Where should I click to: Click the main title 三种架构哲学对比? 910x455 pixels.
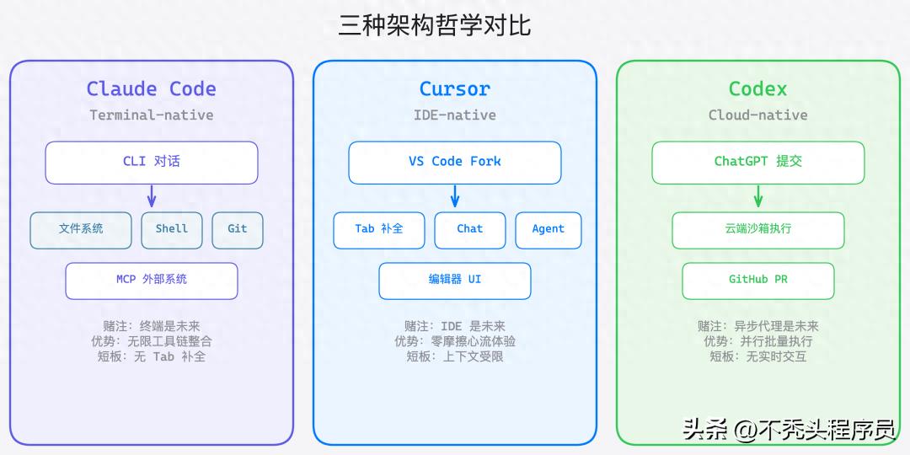click(x=435, y=25)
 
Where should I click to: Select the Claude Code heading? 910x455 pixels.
click(x=152, y=88)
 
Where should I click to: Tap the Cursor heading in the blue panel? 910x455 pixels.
click(x=455, y=88)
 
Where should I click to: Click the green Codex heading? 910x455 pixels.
click(x=758, y=88)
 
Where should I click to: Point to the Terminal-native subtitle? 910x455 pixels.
click(x=152, y=115)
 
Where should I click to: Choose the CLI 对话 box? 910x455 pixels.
click(x=152, y=162)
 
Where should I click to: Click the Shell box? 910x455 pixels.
click(x=172, y=229)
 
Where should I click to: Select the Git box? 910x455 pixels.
click(x=238, y=229)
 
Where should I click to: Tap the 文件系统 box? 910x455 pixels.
click(x=81, y=229)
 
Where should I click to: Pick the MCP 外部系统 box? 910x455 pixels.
click(x=152, y=280)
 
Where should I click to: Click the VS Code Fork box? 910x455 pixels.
click(x=455, y=162)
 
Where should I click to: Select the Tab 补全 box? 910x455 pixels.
click(x=379, y=229)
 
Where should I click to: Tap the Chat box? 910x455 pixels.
click(x=470, y=229)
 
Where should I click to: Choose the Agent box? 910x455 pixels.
click(x=549, y=229)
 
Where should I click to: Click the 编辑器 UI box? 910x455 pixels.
click(x=455, y=280)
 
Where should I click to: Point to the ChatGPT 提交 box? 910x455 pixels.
click(x=758, y=162)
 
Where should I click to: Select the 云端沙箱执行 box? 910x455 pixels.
click(x=758, y=229)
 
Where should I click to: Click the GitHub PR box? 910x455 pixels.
click(x=758, y=280)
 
